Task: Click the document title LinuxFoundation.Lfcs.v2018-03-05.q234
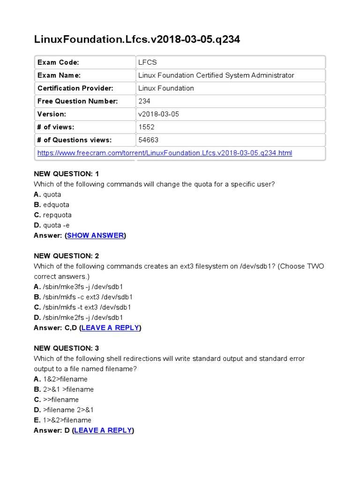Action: pyautogui.click(x=137, y=39)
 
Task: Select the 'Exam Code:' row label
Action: pyautogui.click(x=58, y=62)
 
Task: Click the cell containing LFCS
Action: pyautogui.click(x=148, y=62)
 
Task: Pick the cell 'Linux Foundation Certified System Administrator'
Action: pyautogui.click(x=216, y=75)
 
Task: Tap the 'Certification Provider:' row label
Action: pyautogui.click(x=75, y=88)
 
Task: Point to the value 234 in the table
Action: pyautogui.click(x=144, y=101)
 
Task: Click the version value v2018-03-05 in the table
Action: pyautogui.click(x=158, y=114)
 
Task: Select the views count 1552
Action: pyautogui.click(x=146, y=127)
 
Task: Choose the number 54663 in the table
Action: pyautogui.click(x=148, y=140)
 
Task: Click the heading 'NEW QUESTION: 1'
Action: pyautogui.click(x=66, y=174)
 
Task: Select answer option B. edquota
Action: pyautogui.click(x=52, y=205)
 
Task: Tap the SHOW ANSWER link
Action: pyautogui.click(x=96, y=235)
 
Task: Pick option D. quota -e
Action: pyautogui.click(x=52, y=225)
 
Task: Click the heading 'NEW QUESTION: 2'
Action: pyautogui.click(x=66, y=256)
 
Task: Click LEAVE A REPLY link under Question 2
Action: pyautogui.click(x=110, y=328)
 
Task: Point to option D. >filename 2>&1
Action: pyautogui.click(x=64, y=410)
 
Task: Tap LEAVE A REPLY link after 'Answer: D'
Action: pyautogui.click(x=103, y=430)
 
